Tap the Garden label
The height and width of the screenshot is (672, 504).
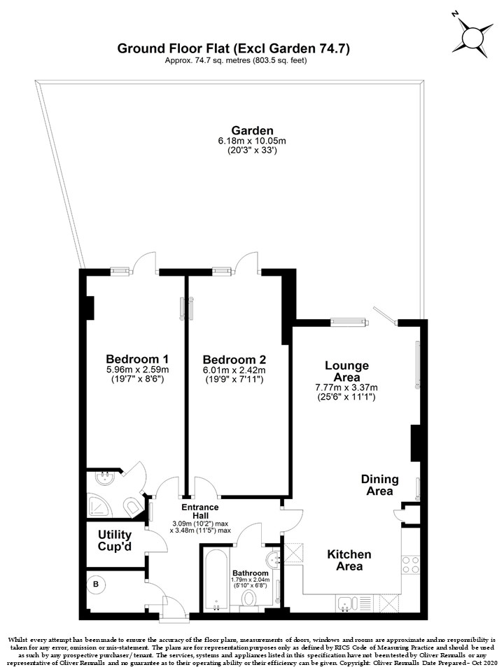[x=252, y=130]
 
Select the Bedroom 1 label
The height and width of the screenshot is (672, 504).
[x=137, y=358]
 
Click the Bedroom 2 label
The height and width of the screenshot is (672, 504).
[x=234, y=360]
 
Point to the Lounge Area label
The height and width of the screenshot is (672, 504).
[x=346, y=371]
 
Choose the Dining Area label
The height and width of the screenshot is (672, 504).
[x=379, y=484]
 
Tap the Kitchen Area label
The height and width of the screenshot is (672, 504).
[x=349, y=560]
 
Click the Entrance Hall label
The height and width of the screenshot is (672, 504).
[x=200, y=511]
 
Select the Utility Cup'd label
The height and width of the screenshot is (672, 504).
[x=114, y=540]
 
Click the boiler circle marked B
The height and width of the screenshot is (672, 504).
[x=96, y=584]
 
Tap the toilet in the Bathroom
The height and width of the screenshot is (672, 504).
[x=248, y=598]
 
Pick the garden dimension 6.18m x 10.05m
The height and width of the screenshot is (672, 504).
[x=252, y=141]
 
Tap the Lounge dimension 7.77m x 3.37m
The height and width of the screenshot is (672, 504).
[x=346, y=388]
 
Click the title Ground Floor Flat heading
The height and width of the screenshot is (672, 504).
[x=234, y=48]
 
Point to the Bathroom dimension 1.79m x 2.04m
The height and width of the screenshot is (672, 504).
[x=250, y=580]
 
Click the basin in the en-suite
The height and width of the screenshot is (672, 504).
[x=105, y=478]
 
